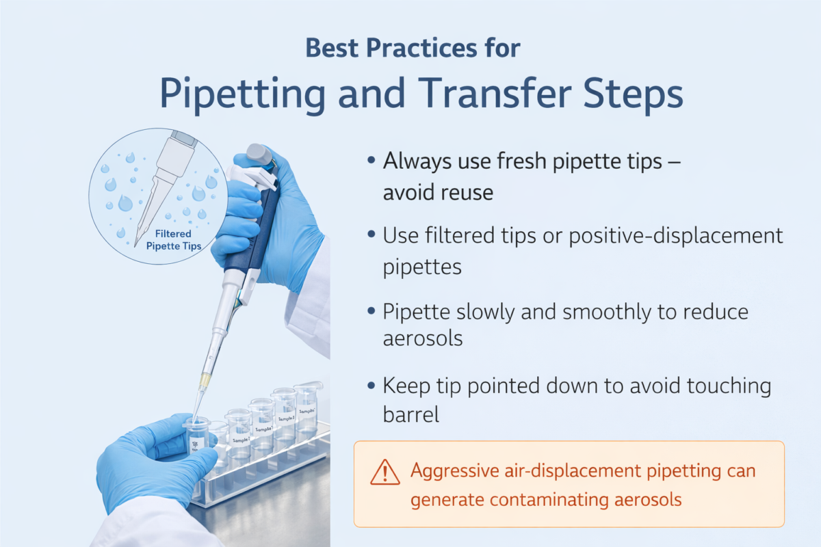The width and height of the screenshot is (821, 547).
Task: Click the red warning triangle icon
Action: (385, 472)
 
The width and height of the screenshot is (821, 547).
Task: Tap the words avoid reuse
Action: (437, 192)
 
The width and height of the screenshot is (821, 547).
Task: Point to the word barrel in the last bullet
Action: (410, 415)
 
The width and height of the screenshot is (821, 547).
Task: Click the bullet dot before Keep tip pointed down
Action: (371, 386)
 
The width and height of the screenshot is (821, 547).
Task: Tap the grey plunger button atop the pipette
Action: (259, 153)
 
